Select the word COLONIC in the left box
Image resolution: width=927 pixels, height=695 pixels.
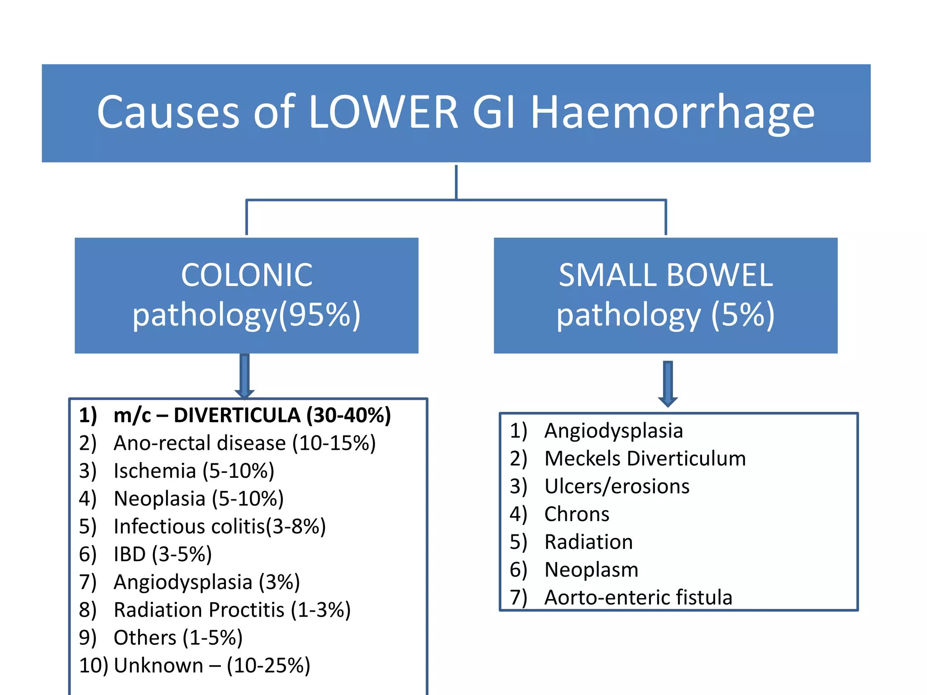click(x=247, y=275)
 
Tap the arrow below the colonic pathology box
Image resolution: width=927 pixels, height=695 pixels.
click(x=244, y=376)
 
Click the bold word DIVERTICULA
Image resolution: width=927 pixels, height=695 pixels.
click(x=237, y=415)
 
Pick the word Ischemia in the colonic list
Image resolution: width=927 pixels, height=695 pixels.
click(x=155, y=471)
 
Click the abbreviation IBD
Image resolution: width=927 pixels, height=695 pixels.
click(x=129, y=554)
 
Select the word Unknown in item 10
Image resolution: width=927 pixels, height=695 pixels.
click(x=158, y=666)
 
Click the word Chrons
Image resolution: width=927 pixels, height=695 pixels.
click(x=577, y=514)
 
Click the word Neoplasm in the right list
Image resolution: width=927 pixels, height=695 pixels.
click(x=591, y=570)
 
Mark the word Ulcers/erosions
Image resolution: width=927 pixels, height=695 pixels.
click(x=616, y=486)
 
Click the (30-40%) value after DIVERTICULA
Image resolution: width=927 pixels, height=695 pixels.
click(x=349, y=415)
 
